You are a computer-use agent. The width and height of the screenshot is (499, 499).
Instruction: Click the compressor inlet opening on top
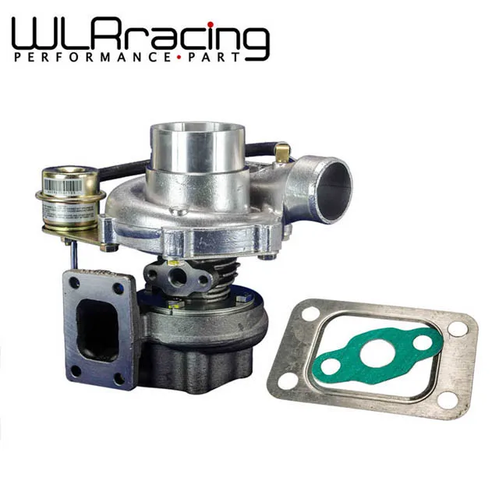pyautogui.click(x=198, y=144)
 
